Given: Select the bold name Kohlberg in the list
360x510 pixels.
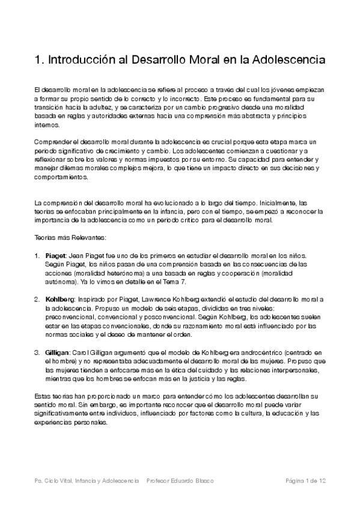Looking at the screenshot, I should tap(59, 299).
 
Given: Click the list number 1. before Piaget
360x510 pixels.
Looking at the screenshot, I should tap(37, 256).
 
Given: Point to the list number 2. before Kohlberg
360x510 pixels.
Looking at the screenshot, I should tap(37, 299).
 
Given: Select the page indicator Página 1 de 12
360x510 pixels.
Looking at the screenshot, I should tap(306, 481).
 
